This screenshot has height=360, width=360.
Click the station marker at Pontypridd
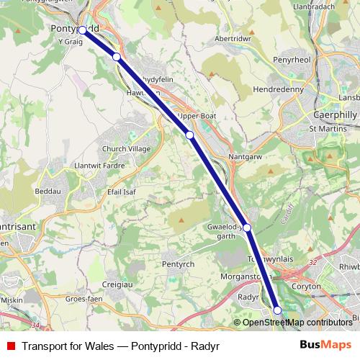(83, 30)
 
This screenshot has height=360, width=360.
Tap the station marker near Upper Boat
(189, 135)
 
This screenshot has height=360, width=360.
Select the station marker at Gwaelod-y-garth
(247, 228)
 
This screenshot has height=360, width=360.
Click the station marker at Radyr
(278, 310)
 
